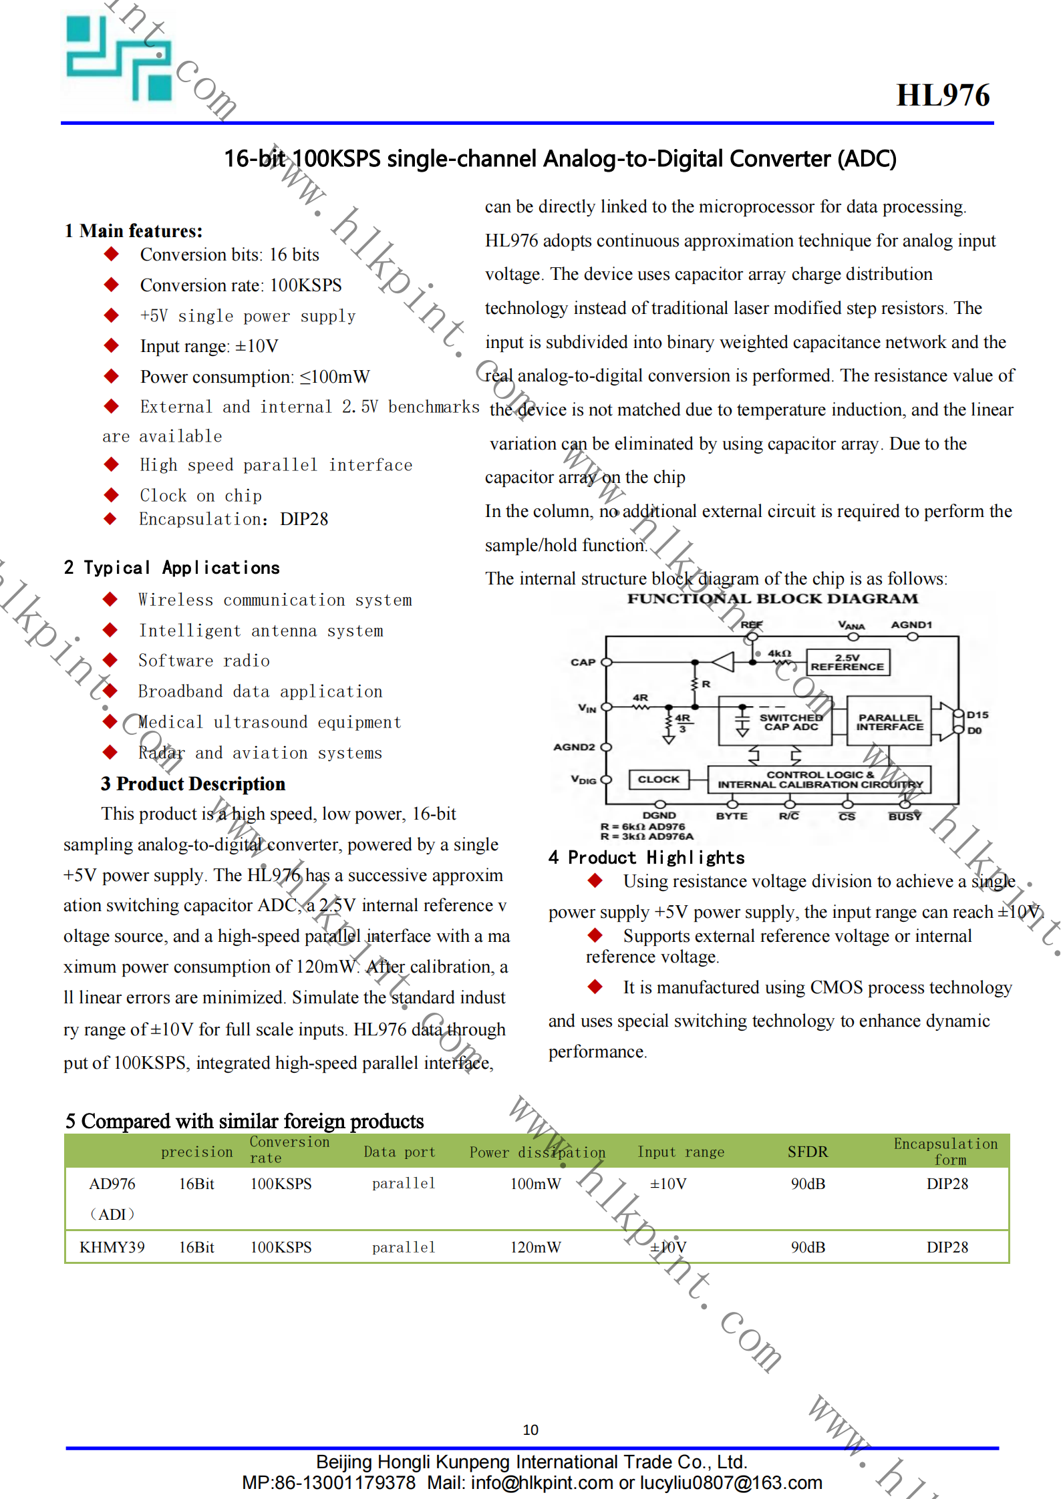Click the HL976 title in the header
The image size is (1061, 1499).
click(x=943, y=95)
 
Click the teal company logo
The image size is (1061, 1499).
click(x=119, y=58)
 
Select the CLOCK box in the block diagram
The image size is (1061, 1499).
click(x=659, y=779)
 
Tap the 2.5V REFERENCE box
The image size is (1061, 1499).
click(x=848, y=662)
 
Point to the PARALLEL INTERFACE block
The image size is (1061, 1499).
click(x=890, y=721)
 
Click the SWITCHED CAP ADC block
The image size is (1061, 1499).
click(x=775, y=721)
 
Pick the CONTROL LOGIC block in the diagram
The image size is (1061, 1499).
click(x=820, y=780)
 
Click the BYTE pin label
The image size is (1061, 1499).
click(x=732, y=816)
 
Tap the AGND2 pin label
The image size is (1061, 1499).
click(x=574, y=747)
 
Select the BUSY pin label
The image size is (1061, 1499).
click(x=905, y=816)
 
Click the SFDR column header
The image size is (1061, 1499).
click(x=808, y=1152)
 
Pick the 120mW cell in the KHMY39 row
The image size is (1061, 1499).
click(x=536, y=1247)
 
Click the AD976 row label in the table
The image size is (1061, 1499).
click(x=112, y=1184)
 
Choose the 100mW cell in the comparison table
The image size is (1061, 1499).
click(x=536, y=1184)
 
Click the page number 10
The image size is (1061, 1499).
click(x=530, y=1430)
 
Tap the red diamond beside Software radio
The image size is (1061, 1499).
click(x=110, y=660)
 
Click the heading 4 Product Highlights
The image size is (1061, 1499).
click(x=647, y=858)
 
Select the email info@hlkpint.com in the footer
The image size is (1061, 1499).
click(x=542, y=1483)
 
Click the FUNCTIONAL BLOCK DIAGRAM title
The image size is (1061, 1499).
click(x=772, y=599)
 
